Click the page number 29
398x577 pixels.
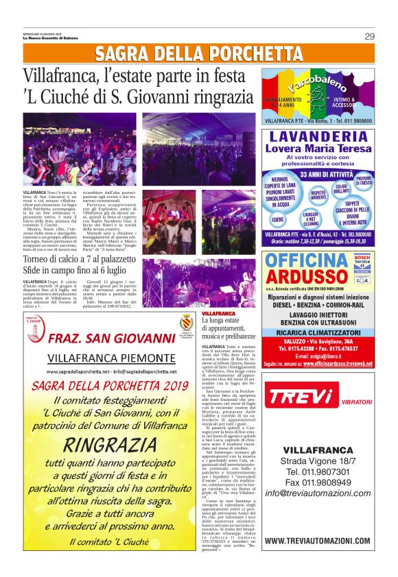[x=369, y=36]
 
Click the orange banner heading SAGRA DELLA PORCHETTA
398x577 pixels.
[x=199, y=54]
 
